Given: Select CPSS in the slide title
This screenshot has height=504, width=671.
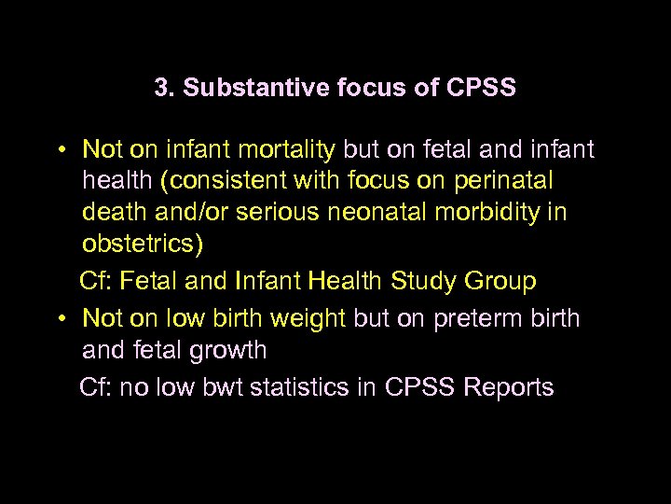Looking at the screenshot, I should (481, 89).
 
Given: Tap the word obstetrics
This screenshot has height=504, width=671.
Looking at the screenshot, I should (140, 244).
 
